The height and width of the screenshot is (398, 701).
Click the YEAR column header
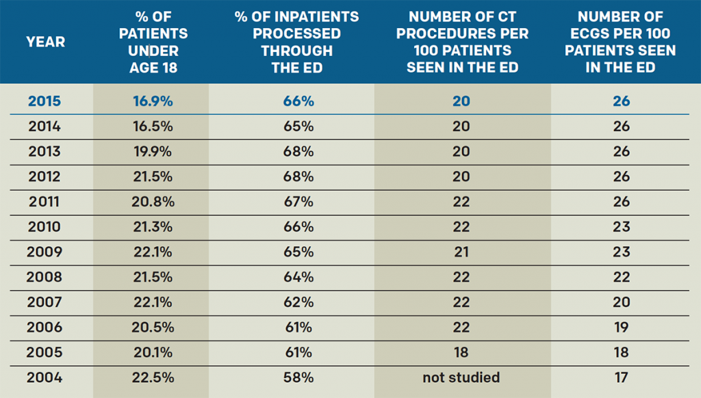click(46, 42)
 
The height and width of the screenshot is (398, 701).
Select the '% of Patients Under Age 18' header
click(153, 42)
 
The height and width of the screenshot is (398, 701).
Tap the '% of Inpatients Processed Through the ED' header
click(298, 42)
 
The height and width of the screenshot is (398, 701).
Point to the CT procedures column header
click(461, 42)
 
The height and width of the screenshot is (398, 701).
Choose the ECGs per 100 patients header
click(620, 42)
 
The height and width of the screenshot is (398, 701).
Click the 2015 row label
click(44, 101)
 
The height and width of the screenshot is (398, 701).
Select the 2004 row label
click(44, 377)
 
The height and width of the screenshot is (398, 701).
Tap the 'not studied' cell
click(461, 377)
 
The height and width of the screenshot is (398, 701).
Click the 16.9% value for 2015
click(153, 101)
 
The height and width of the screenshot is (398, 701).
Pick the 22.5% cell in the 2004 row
click(153, 377)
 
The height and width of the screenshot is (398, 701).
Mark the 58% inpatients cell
click(298, 377)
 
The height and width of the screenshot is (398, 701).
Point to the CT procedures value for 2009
click(461, 252)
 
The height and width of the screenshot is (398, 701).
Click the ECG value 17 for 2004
click(621, 377)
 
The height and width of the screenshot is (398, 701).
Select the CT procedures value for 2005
click(461, 352)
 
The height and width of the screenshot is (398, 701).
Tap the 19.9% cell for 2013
click(153, 151)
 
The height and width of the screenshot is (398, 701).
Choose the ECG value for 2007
click(621, 302)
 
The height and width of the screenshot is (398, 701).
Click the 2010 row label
click(44, 227)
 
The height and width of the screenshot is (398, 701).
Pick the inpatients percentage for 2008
click(298, 277)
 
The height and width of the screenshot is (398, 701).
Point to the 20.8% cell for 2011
click(153, 202)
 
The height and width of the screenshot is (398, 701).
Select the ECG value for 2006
click(621, 328)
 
